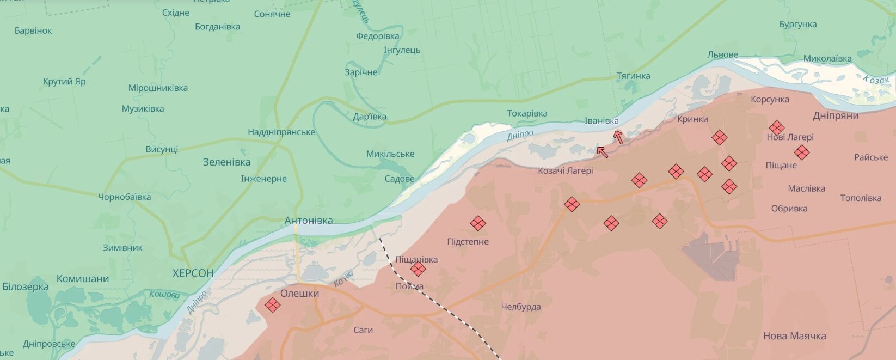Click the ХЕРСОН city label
[x=193, y=273]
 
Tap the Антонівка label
[x=309, y=221]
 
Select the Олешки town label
[x=299, y=294]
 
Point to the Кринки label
[x=692, y=119]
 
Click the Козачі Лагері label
[x=566, y=170]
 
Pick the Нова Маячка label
[x=794, y=336]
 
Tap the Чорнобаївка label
[x=125, y=197]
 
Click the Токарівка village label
[x=527, y=113]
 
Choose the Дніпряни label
[x=836, y=115]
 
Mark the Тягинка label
[x=633, y=76]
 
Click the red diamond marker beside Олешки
[x=272, y=305]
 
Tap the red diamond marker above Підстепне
[x=478, y=223]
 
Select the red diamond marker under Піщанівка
[x=418, y=269]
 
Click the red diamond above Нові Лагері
[x=776, y=128]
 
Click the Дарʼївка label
[x=370, y=117]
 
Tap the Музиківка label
[x=143, y=109]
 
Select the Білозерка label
[x=26, y=286]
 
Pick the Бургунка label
[x=797, y=25]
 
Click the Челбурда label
[x=521, y=307]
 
